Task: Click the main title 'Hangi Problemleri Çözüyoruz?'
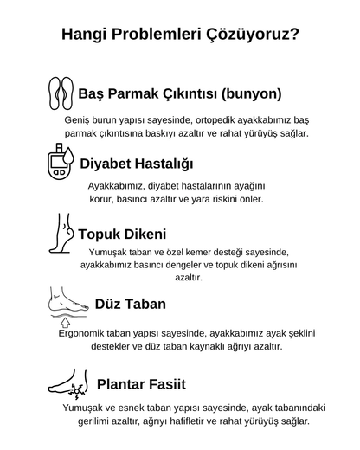pos(180,35)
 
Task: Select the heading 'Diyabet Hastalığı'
pos(136,164)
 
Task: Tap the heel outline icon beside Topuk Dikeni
pos(61,234)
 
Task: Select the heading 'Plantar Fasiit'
pos(141,383)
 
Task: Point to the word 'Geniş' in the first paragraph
pos(79,119)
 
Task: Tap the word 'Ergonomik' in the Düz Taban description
pos(84,332)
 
